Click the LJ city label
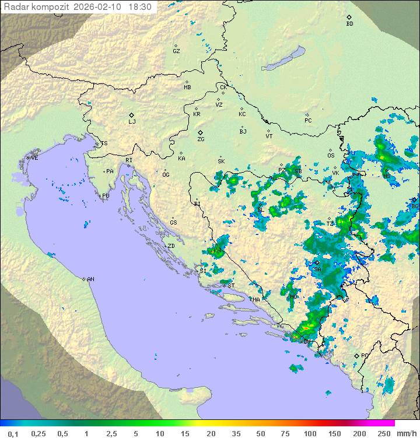click(x=132, y=122)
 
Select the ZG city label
click(x=201, y=139)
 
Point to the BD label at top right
click(x=349, y=24)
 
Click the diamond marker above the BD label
click(x=349, y=17)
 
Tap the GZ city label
click(x=176, y=51)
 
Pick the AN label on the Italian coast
click(x=90, y=279)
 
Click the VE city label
click(x=34, y=158)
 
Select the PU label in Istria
click(x=106, y=196)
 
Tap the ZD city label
click(x=171, y=246)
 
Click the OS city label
click(x=331, y=156)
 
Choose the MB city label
click(x=187, y=87)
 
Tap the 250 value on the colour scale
click(x=383, y=433)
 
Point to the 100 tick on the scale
click(x=310, y=433)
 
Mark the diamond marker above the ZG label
click(x=200, y=132)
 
